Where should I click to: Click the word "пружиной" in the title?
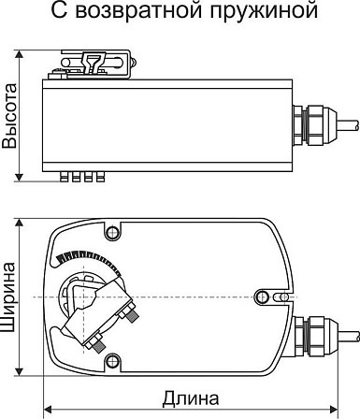click(264, 11)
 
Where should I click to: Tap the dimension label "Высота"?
click(9, 116)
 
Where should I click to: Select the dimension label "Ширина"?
click(9, 297)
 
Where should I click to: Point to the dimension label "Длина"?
click(191, 398)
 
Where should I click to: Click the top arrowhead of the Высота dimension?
click(20, 53)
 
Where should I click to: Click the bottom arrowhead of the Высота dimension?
click(20, 177)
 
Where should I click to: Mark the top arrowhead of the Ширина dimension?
click(20, 223)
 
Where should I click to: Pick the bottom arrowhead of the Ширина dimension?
click(20, 371)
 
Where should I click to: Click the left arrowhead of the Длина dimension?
click(47, 409)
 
